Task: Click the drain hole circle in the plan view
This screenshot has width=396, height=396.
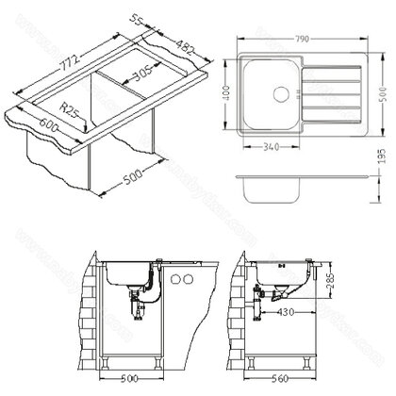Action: click(280, 92)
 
